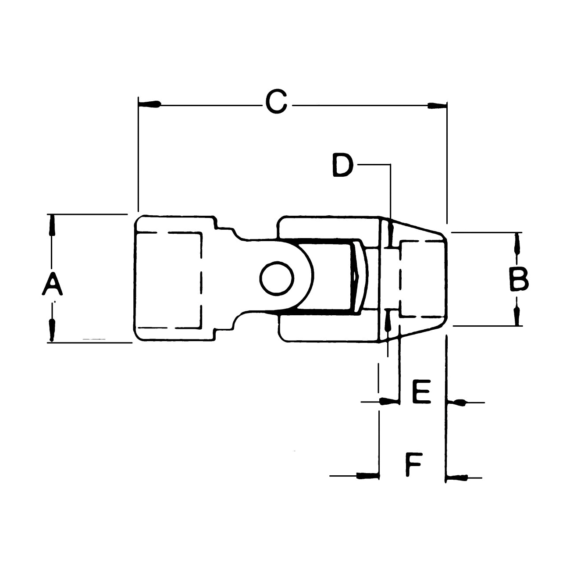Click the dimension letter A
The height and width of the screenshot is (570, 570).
[52, 284]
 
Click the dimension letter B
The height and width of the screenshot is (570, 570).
[519, 279]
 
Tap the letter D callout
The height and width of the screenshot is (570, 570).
[343, 165]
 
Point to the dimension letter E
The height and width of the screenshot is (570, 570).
[421, 392]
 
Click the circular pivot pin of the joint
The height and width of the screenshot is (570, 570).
[277, 278]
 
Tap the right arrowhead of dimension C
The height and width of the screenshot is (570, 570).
[437, 105]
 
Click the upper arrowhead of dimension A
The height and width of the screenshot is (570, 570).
[52, 226]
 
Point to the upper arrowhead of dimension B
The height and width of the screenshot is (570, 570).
[517, 243]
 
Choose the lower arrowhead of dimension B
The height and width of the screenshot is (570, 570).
[517, 315]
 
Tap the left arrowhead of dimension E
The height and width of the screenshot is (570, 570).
[389, 401]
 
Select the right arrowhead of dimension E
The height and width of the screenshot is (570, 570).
[456, 402]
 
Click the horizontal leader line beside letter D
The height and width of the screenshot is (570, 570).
[374, 164]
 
